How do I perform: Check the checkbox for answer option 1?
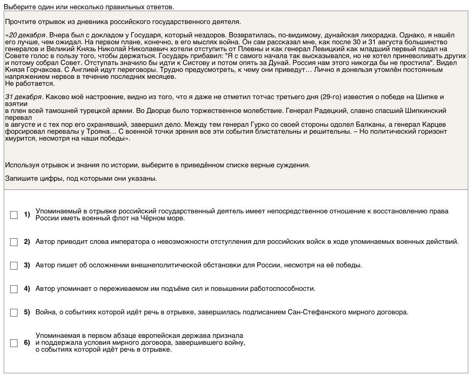tap(14, 215)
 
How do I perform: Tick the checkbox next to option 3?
tap(14, 265)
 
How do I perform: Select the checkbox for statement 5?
tap(14, 312)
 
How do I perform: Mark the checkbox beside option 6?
tap(14, 343)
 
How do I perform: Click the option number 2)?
tap(27, 242)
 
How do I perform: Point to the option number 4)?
tap(27, 289)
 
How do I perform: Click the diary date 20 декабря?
tap(27, 35)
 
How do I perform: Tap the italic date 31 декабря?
tap(24, 97)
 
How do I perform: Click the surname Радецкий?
tap(329, 111)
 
